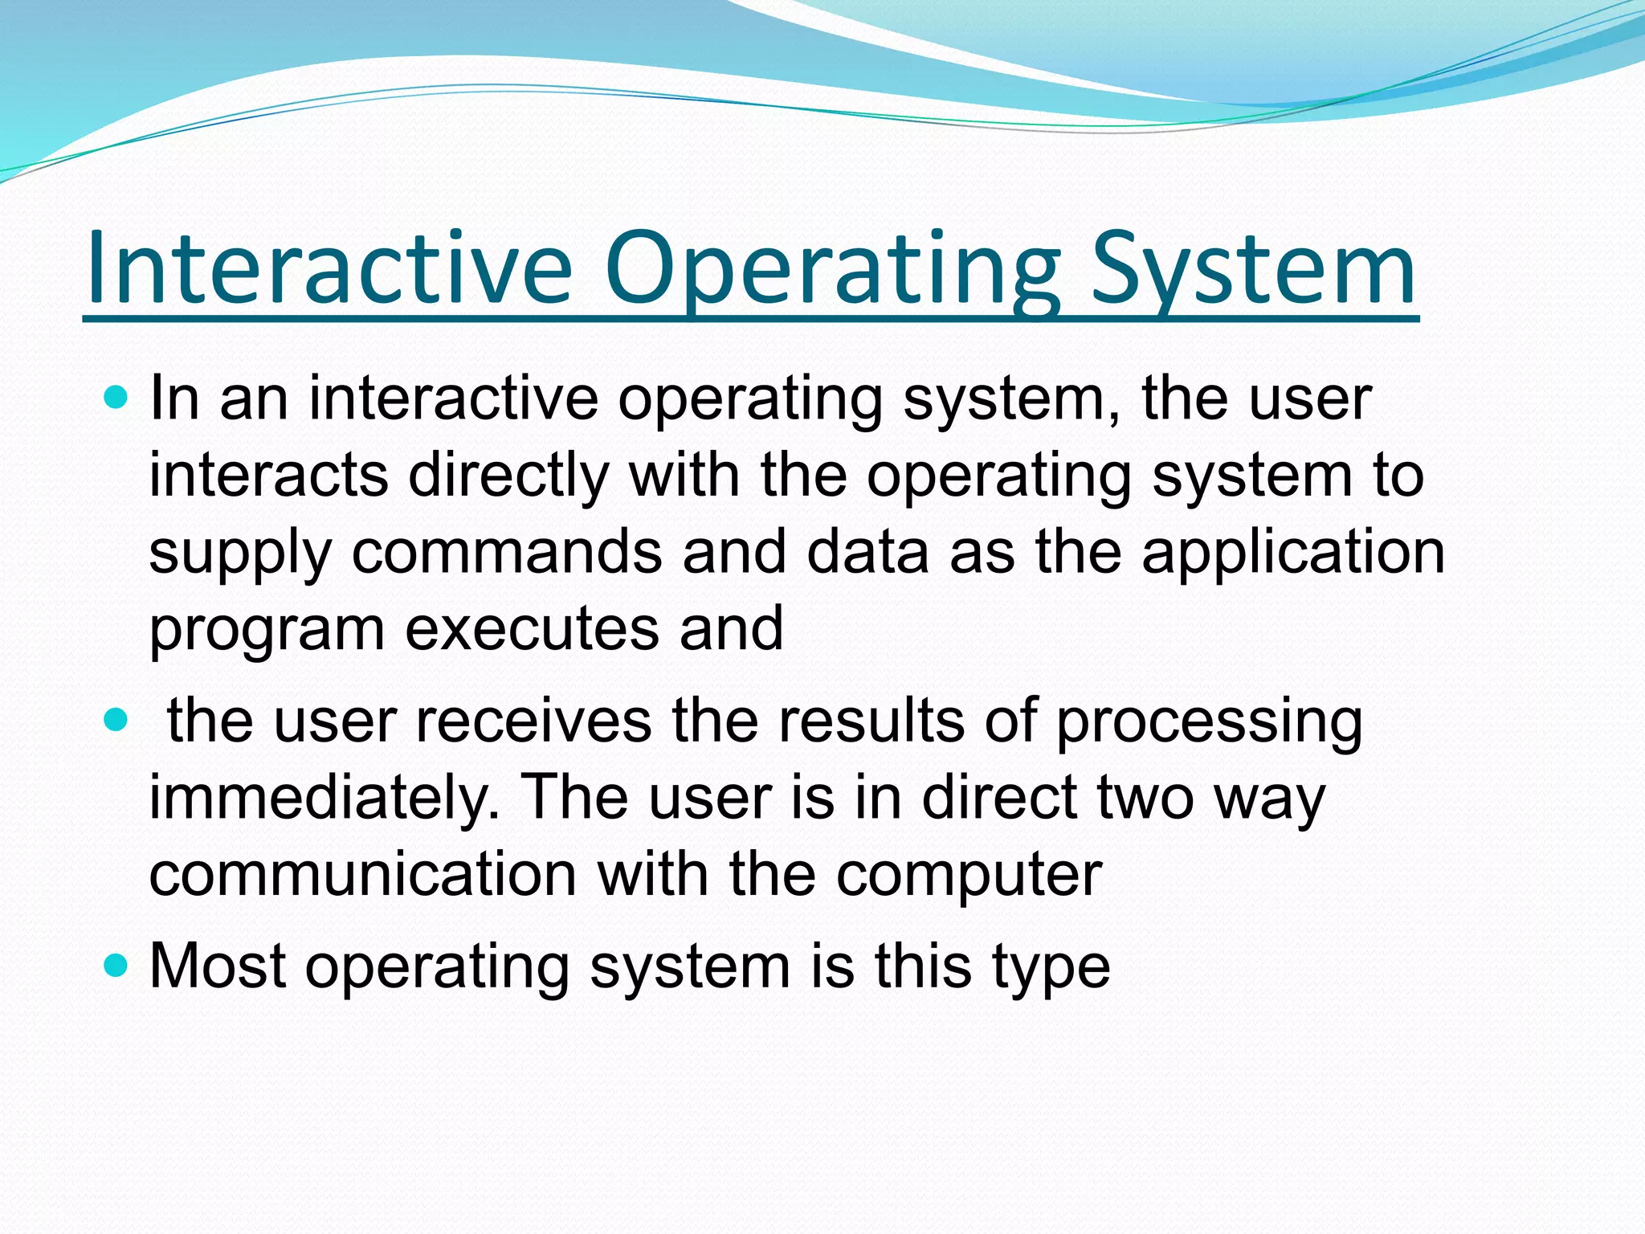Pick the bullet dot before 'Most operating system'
coord(116,965)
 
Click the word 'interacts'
coord(269,475)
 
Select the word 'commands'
coord(508,552)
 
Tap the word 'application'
coord(1293,552)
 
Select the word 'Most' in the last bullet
coord(218,965)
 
